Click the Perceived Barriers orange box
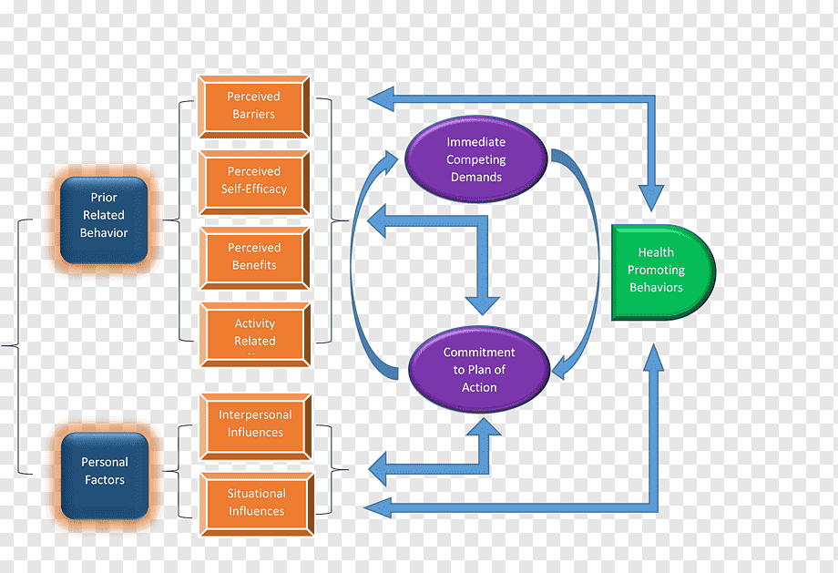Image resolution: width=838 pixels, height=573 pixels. (x=254, y=106)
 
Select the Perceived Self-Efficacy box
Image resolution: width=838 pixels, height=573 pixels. (x=254, y=180)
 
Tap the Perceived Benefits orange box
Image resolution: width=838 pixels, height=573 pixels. (x=254, y=257)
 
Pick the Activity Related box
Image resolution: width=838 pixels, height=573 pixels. (x=254, y=333)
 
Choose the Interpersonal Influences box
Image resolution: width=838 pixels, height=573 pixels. (x=255, y=424)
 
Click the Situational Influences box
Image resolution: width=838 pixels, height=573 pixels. (x=256, y=502)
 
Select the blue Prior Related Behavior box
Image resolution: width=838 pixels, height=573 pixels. (x=104, y=216)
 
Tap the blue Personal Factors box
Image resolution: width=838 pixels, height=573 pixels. (x=104, y=471)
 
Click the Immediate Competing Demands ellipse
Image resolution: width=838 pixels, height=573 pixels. (x=475, y=159)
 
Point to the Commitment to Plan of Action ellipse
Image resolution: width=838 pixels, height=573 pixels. (x=479, y=370)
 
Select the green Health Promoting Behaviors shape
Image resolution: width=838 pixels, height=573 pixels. (x=658, y=271)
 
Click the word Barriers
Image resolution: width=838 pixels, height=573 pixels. (x=254, y=115)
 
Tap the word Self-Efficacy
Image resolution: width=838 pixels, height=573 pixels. (x=254, y=189)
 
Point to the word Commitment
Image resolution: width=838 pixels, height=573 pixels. (x=479, y=353)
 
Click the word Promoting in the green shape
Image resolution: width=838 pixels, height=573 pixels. (x=656, y=271)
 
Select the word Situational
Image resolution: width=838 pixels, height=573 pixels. (x=256, y=494)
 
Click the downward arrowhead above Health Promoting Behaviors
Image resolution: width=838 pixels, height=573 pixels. (x=650, y=198)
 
